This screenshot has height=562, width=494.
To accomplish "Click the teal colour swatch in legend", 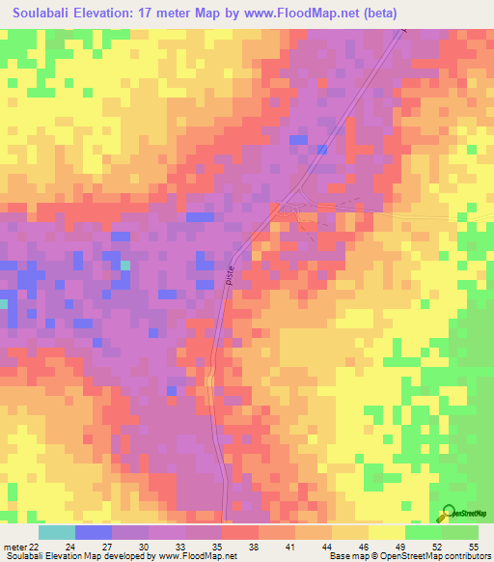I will (56, 532).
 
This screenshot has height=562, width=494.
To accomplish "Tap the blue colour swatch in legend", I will (93, 532).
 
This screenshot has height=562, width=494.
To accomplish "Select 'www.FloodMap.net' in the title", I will (294, 14).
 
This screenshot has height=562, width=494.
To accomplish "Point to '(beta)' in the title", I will (375, 14).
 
